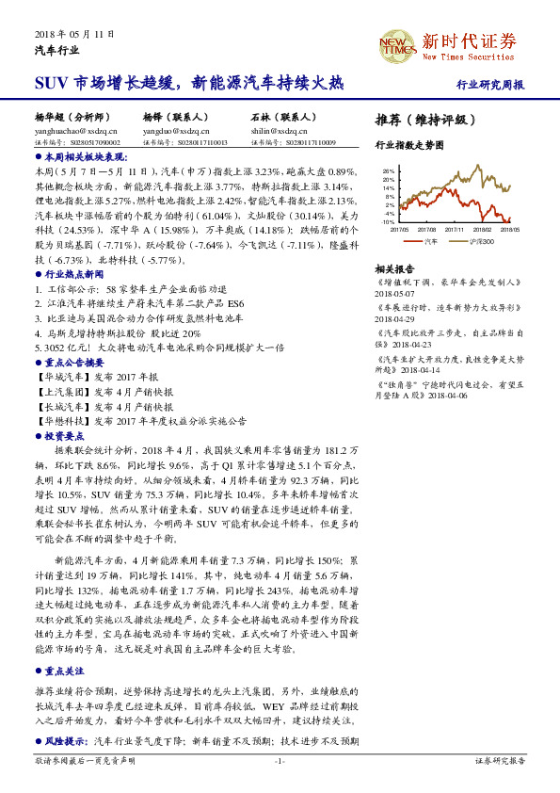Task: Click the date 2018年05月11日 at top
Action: (74, 33)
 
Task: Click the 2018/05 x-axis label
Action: (511, 228)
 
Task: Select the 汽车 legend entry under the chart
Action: (426, 241)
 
